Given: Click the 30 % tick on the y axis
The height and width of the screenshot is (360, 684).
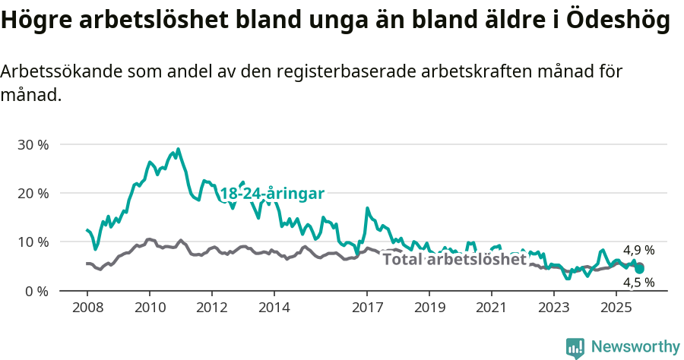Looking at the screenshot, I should pyautogui.click(x=33, y=144).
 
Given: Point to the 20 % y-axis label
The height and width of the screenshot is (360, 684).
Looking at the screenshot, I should pyautogui.click(x=33, y=193).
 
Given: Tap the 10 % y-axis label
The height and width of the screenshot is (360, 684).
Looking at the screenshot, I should pyautogui.click(x=33, y=242).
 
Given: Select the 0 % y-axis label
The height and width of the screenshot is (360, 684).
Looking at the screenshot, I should pyautogui.click(x=36, y=291).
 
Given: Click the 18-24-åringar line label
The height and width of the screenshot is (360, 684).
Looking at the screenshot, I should pyautogui.click(x=272, y=194).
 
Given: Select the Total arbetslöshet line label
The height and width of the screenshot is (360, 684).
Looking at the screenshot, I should pyautogui.click(x=454, y=259).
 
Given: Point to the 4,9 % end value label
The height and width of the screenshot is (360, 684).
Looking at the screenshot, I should pyautogui.click(x=638, y=250).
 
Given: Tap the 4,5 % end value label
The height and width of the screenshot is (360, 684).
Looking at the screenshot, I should pyautogui.click(x=638, y=283).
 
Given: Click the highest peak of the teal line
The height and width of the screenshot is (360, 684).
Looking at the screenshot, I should pyautogui.click(x=179, y=149).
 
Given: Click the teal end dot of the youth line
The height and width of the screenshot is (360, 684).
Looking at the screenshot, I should pyautogui.click(x=640, y=269).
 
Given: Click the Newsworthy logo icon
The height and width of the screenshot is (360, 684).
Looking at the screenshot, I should pyautogui.click(x=575, y=347).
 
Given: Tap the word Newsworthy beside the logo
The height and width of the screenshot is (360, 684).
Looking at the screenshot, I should pyautogui.click(x=635, y=347).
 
